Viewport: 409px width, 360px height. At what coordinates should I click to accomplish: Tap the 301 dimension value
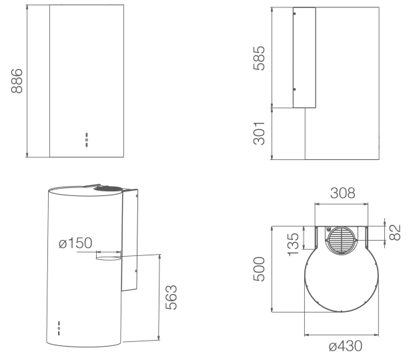click(x=261, y=135)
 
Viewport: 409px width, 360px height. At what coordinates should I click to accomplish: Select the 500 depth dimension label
click(x=262, y=268)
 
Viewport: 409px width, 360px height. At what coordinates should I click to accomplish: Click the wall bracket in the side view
click(x=304, y=58)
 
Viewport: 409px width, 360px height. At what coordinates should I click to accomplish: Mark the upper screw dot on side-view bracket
click(x=296, y=14)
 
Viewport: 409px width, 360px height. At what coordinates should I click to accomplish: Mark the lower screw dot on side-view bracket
click(x=296, y=91)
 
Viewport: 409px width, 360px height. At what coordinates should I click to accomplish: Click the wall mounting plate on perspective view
click(x=131, y=240)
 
